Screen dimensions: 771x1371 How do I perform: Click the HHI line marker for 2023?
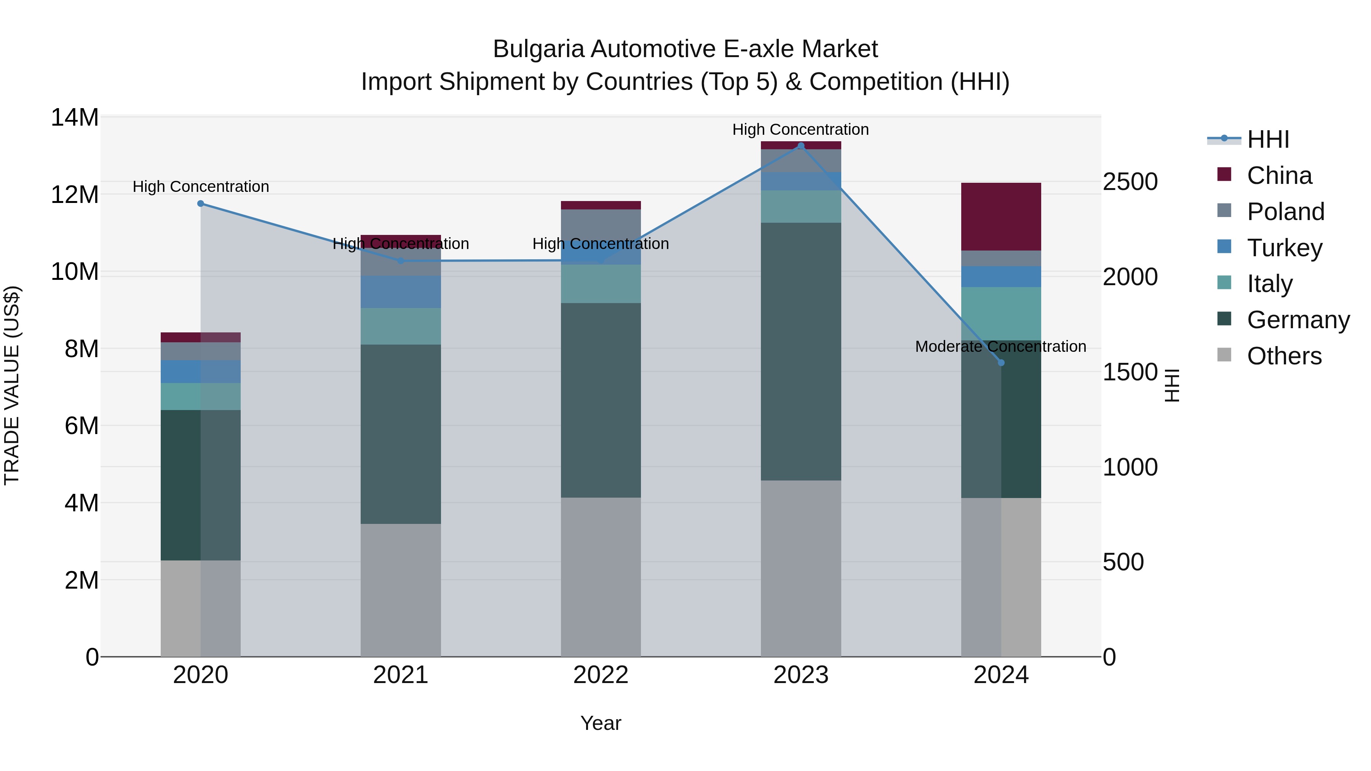coord(801,145)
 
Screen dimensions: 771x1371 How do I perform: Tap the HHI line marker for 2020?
coord(201,203)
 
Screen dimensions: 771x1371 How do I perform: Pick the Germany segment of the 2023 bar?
coord(801,351)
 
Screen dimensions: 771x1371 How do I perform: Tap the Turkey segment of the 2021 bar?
coord(400,292)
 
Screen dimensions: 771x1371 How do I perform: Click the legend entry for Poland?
coord(1285,212)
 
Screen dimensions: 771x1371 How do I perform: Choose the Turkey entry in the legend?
coord(1284,248)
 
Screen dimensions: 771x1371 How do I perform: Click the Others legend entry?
coord(1284,356)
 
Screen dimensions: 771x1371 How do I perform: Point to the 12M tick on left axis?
coord(75,195)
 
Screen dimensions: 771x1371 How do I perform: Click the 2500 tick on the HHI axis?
coord(1130,182)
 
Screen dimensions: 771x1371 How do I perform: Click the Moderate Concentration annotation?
coord(1000,346)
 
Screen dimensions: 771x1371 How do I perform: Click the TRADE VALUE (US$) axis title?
coord(12,385)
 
